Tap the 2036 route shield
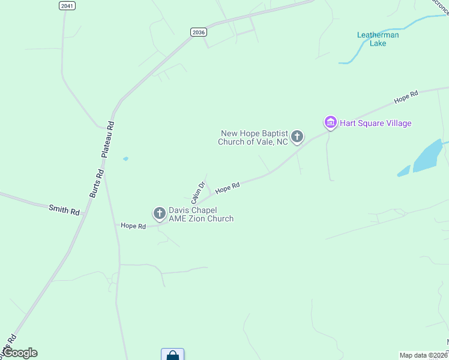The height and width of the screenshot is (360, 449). pyautogui.click(x=198, y=32)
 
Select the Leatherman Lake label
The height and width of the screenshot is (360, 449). pyautogui.click(x=378, y=39)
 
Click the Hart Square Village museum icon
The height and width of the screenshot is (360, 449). pyautogui.click(x=330, y=122)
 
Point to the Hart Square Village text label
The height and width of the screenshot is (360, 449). pyautogui.click(x=376, y=124)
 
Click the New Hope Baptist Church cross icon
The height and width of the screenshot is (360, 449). pyautogui.click(x=297, y=137)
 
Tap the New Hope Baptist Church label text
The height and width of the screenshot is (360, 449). pyautogui.click(x=255, y=138)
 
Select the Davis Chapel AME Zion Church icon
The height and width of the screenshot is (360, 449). pyautogui.click(x=160, y=213)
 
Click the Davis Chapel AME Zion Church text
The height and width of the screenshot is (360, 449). pyautogui.click(x=200, y=215)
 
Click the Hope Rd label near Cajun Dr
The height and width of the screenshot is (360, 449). pyautogui.click(x=228, y=188)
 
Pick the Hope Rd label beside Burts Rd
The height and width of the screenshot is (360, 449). pyautogui.click(x=133, y=226)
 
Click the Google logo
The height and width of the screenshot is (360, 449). pyautogui.click(x=20, y=353)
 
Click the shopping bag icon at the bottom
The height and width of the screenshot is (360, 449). pyautogui.click(x=172, y=355)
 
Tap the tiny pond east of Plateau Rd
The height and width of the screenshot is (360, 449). pyautogui.click(x=125, y=159)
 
